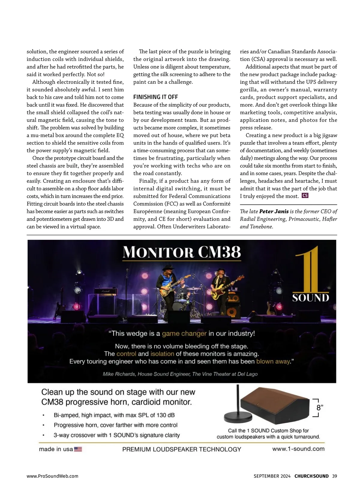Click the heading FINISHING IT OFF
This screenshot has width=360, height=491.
tap(155, 97)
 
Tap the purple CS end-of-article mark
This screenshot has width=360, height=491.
tap(305, 196)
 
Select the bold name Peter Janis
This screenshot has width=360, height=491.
tap(274, 211)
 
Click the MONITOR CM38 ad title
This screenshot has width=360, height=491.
tap(182, 252)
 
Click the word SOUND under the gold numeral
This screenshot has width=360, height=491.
tap(310, 298)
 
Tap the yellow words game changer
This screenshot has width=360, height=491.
tap(184, 333)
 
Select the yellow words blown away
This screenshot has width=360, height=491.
tap(273, 362)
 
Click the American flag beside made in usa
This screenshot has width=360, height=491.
tap(78, 449)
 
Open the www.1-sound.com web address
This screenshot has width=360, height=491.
tap(298, 449)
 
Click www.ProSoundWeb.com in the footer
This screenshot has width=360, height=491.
tap(52, 476)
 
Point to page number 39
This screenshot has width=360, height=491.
tap(334, 476)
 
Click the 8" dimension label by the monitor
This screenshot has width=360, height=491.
tap(319, 408)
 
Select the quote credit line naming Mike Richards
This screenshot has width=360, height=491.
tap(180, 374)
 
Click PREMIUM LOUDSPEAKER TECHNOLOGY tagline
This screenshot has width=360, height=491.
tap(181, 449)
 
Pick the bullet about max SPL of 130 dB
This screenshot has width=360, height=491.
tap(114, 415)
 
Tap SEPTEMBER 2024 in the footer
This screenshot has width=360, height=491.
tap(272, 476)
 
